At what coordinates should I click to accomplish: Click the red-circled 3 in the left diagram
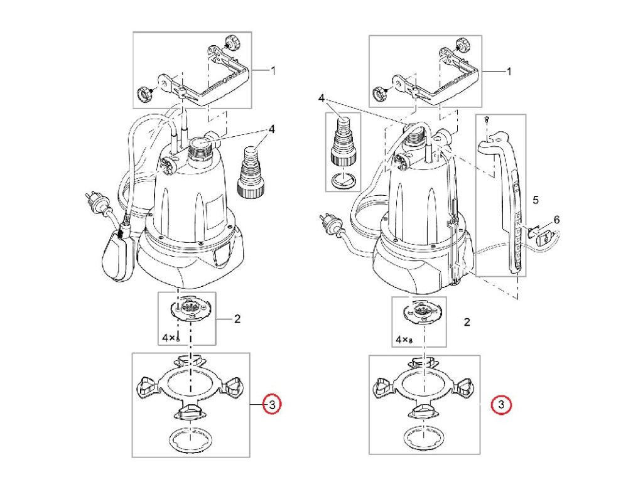pyautogui.click(x=271, y=405)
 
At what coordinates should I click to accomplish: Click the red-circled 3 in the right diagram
pyautogui.click(x=501, y=405)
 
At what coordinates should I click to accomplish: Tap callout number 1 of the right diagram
pyautogui.click(x=509, y=72)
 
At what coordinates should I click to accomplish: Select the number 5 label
pyautogui.click(x=536, y=200)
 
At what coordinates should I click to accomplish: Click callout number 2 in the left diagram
pyautogui.click(x=237, y=319)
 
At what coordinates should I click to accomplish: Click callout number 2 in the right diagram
pyautogui.click(x=467, y=323)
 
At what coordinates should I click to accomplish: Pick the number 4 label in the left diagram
pyautogui.click(x=272, y=130)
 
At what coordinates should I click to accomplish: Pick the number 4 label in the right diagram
pyautogui.click(x=321, y=99)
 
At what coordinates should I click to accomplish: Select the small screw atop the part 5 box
pyautogui.click(x=487, y=119)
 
